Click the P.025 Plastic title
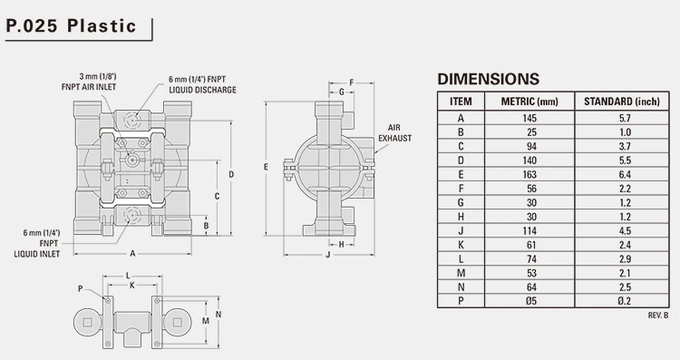coord(71,25)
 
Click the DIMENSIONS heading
coord(488,79)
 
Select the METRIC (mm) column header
coord(529,101)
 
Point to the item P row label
coord(461,301)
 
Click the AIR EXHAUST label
coord(401,132)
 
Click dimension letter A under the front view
coord(132,252)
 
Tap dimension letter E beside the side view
coord(265,167)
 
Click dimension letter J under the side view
coord(326,256)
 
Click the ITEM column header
coord(461,101)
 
